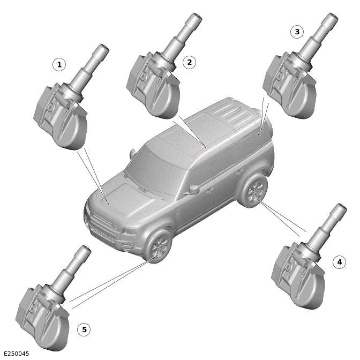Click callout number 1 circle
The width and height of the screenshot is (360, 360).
59,65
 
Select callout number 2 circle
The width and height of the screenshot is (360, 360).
189,62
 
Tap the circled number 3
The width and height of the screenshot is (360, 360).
297,32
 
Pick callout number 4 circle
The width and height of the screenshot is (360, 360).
339,262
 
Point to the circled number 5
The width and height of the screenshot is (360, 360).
84,329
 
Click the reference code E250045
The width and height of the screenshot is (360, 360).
17,354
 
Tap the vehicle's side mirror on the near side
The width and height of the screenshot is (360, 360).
193,189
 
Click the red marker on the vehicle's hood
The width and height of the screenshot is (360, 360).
108,204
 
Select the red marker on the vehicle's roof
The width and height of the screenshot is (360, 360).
205,147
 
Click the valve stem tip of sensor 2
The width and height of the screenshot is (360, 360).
196,18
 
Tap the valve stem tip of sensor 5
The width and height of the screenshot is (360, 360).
85,250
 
